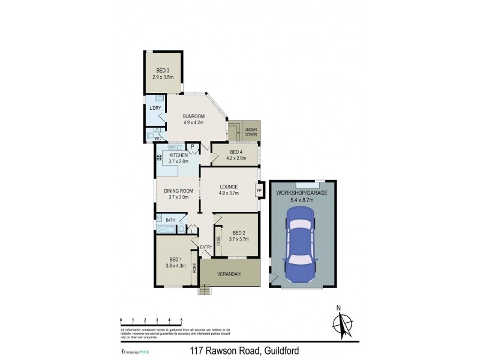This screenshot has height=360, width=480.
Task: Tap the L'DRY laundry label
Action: [155, 108]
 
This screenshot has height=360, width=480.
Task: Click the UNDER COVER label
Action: [251, 131]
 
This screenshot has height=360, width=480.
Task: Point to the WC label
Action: [157, 139]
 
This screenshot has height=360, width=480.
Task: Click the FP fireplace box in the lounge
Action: [259, 191]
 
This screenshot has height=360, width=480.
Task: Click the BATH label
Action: [170, 220]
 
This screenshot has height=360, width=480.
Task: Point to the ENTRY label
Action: [206, 247]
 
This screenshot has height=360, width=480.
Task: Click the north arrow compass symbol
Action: [343, 323]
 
